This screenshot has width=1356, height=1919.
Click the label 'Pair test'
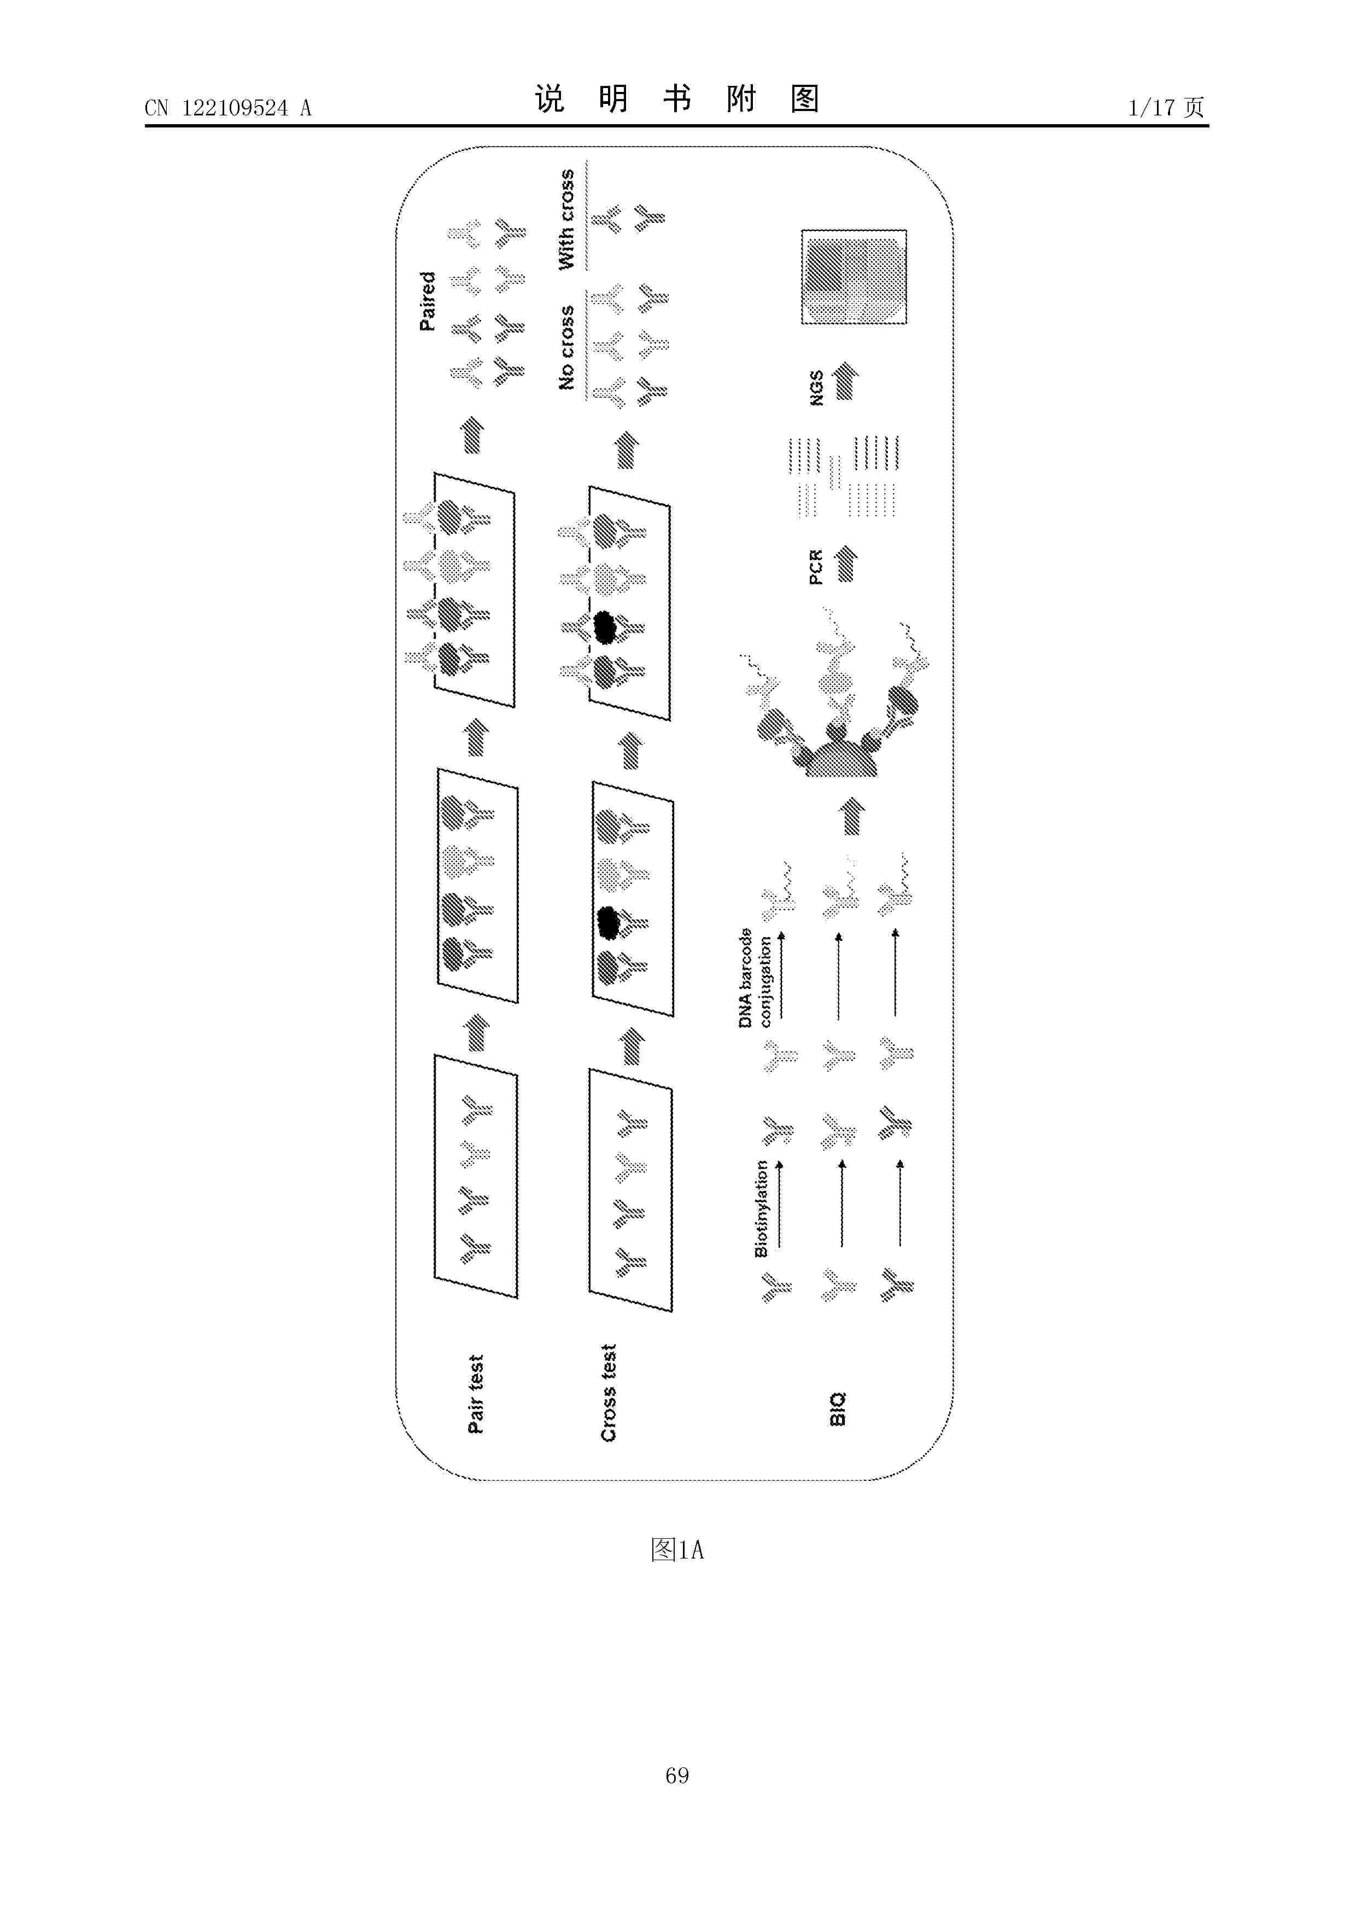pos(475,1393)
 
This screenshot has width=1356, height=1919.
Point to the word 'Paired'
pos(427,301)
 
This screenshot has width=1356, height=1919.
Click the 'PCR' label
pos(816,567)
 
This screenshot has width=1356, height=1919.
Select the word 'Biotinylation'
pos(761,1208)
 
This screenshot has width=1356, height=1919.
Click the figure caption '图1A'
pos(677,1550)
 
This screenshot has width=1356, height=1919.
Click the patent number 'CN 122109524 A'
pos(228,108)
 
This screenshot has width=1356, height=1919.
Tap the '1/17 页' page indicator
pos(1166,107)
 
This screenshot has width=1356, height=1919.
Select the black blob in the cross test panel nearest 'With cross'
pos(604,626)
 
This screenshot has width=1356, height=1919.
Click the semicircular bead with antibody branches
pos(840,757)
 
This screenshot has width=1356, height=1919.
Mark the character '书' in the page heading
pos(677,98)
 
